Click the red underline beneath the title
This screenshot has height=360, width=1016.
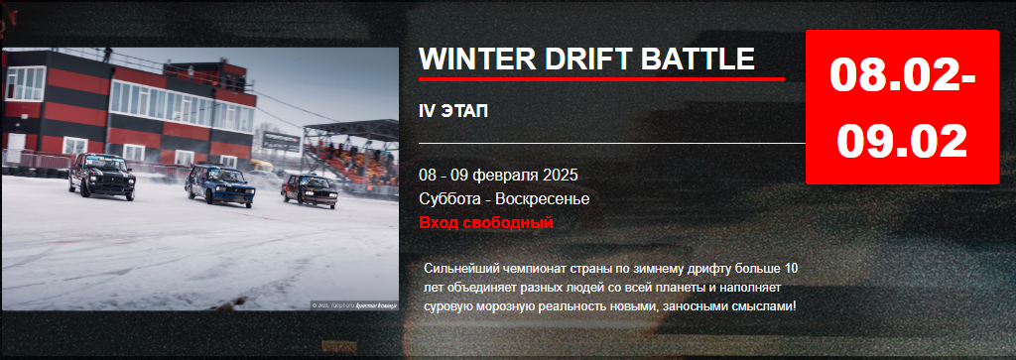tap(601, 78)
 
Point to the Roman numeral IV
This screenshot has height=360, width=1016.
tap(428, 110)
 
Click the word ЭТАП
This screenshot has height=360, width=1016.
tap(466, 110)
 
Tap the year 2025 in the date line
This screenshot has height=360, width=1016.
tap(560, 175)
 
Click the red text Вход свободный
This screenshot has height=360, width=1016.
tap(485, 222)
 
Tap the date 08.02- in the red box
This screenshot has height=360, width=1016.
tap(901, 76)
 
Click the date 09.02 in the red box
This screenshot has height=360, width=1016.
tap(901, 140)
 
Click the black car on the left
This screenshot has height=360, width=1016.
tap(102, 176)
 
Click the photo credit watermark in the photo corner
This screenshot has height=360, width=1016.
tap(353, 304)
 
